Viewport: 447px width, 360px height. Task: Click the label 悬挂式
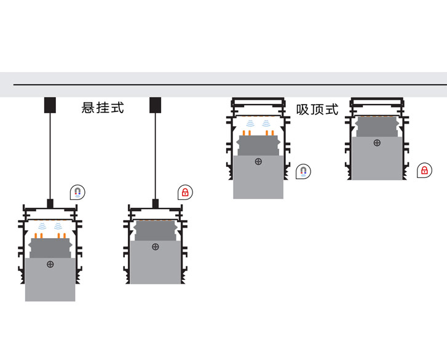(103, 108)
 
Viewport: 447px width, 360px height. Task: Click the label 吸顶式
(317, 110)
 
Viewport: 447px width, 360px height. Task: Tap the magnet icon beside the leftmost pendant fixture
(77, 192)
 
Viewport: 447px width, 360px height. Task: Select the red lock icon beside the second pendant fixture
(184, 193)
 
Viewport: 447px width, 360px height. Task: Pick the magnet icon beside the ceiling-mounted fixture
(303, 171)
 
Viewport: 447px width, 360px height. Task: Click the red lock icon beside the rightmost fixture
(424, 170)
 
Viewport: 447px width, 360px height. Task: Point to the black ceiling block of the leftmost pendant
(50, 105)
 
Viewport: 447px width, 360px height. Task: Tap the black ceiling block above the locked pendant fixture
(156, 105)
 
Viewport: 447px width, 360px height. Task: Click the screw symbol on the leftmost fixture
(50, 264)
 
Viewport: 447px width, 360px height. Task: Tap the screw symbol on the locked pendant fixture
(156, 247)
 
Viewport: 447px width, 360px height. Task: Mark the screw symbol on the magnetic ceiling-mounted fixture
(258, 161)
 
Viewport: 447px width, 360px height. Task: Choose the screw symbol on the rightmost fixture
(377, 143)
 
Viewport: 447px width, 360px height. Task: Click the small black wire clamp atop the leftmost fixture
(50, 202)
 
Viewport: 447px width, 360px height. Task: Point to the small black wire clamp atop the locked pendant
(156, 202)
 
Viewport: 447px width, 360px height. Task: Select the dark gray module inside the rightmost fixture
(377, 126)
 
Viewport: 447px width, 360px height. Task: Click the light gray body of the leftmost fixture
(50, 283)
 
